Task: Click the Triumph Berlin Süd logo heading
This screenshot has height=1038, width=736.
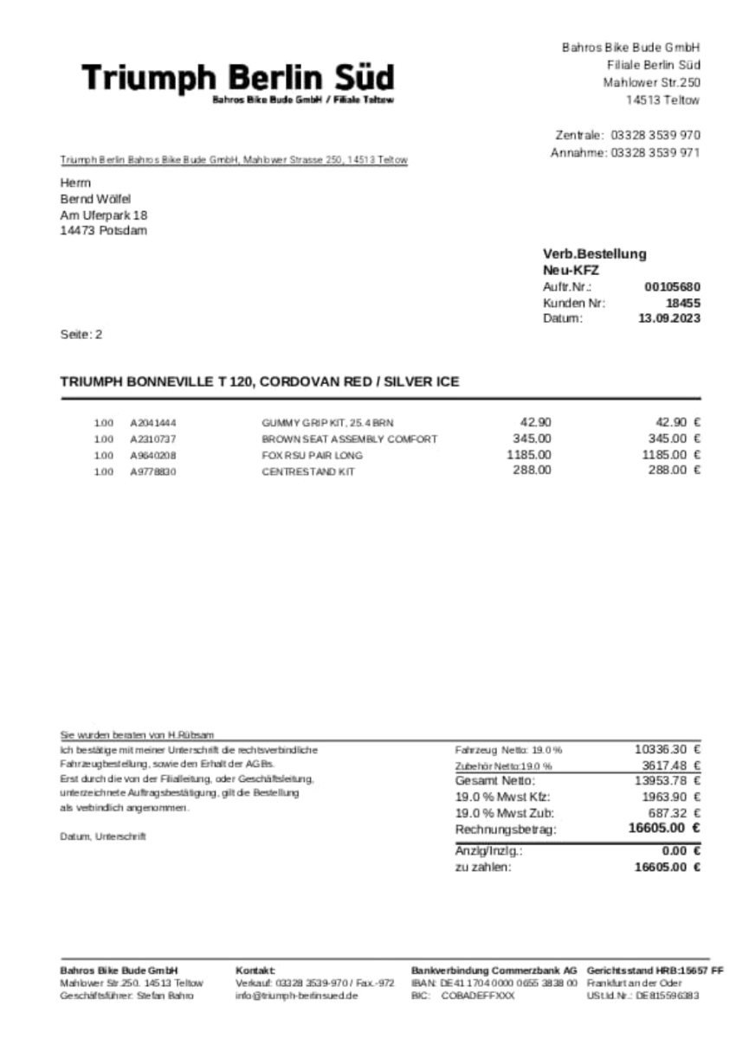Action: pyautogui.click(x=237, y=78)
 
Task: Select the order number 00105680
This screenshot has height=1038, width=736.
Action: pyautogui.click(x=672, y=287)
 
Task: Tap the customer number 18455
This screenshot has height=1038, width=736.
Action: pyautogui.click(x=682, y=303)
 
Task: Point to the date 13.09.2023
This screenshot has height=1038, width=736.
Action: pyautogui.click(x=668, y=318)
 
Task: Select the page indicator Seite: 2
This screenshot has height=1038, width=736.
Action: pyautogui.click(x=81, y=334)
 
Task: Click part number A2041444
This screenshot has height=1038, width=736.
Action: pyautogui.click(x=153, y=423)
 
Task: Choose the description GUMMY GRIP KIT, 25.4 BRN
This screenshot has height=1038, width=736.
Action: pyautogui.click(x=327, y=423)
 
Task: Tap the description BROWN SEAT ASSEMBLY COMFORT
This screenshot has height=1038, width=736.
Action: pyautogui.click(x=349, y=439)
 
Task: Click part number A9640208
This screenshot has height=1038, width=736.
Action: pyautogui.click(x=153, y=455)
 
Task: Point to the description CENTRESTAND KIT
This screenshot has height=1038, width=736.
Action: pyautogui.click(x=308, y=471)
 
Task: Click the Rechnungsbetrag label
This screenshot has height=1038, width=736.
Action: pyautogui.click(x=506, y=830)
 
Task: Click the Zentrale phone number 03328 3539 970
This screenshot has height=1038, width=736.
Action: pyautogui.click(x=655, y=135)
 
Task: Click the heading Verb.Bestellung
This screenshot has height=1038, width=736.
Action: pyautogui.click(x=594, y=254)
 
